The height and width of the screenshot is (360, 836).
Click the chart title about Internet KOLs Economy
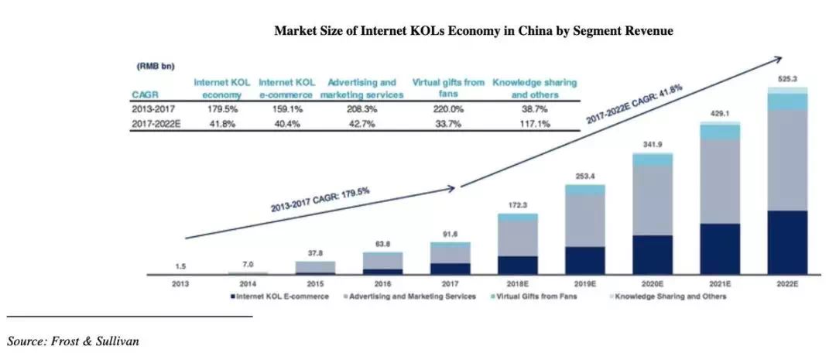click(474, 32)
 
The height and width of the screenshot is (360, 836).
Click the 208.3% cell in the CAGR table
click(361, 110)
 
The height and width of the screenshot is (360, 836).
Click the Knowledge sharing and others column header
click(535, 88)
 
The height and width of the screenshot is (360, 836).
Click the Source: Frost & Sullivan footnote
click(74, 341)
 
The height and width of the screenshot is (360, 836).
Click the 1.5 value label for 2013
click(180, 266)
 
